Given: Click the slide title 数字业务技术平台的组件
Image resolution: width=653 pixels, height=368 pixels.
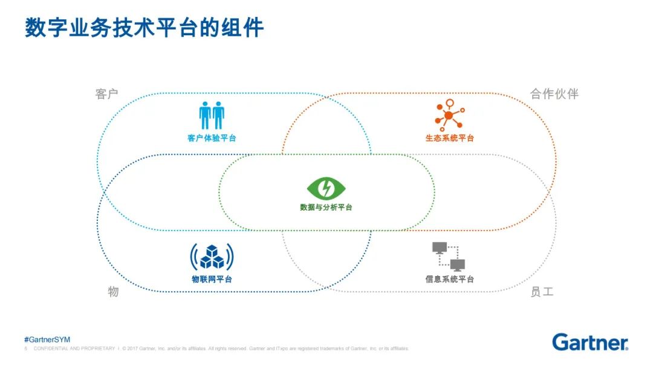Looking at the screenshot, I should (145, 28).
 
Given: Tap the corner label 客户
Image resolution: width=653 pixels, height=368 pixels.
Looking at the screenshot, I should (106, 94).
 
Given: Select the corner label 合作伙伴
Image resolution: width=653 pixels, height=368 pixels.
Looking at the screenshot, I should (554, 94).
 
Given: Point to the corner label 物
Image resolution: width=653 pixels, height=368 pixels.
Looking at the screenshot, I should (113, 292).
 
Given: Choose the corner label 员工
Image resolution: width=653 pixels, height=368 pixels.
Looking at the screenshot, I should (541, 292).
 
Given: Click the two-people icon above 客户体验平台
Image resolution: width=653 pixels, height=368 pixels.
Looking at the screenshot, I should (212, 115).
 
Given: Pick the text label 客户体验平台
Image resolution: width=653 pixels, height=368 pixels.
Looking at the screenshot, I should (212, 139).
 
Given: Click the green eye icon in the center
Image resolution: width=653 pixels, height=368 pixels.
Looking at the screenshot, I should (326, 188).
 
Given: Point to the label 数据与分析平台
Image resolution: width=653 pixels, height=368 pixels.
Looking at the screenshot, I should (326, 208).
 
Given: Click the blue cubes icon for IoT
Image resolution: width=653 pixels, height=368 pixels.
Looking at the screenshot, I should (212, 257).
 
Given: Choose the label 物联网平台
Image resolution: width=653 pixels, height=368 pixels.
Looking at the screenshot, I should (212, 280).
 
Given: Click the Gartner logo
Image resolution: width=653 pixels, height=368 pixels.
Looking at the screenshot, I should (590, 342).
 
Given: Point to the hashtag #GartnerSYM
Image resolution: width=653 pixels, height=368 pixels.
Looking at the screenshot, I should (47, 340).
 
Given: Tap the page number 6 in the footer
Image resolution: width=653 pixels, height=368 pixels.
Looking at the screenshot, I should (25, 349).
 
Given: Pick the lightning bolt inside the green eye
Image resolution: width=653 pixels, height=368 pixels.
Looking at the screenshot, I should (326, 188).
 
